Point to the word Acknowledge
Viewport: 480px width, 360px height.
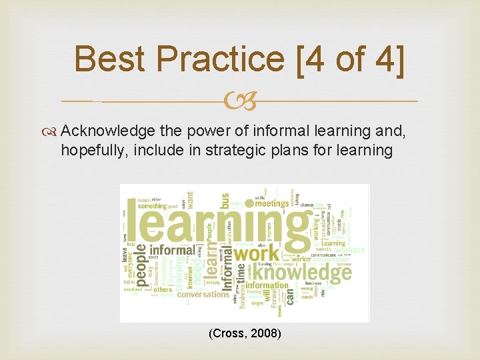109,131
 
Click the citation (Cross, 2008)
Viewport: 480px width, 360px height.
244,333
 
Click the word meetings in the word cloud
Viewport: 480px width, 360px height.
271,203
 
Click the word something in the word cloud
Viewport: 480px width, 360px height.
153,206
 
